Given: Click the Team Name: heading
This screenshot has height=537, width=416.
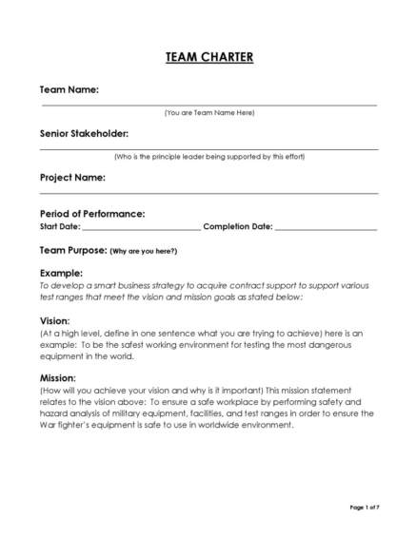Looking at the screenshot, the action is (69, 89).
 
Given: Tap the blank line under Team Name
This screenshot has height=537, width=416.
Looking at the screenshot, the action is (208, 105).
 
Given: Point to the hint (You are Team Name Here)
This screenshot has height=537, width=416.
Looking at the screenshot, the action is (208, 113).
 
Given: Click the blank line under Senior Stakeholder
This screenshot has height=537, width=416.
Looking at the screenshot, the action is (208, 149).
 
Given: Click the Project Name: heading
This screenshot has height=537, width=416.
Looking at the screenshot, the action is (72, 178).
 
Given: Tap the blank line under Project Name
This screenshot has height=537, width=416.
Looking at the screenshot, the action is (208, 193).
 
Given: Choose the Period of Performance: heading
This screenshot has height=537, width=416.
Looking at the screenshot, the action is (91, 214).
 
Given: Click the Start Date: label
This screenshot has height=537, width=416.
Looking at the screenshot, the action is (59, 227).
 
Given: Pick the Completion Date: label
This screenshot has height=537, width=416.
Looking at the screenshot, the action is (238, 227).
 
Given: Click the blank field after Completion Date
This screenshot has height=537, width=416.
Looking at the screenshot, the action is (326, 230).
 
